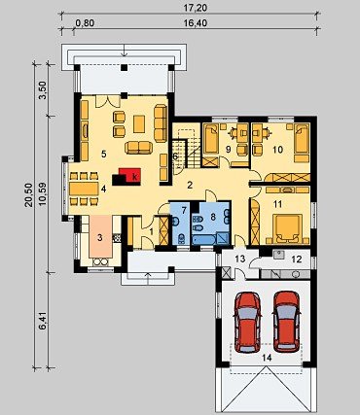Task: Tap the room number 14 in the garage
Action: [x=267, y=358]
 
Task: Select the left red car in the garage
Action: [x=248, y=322]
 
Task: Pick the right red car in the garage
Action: [x=286, y=322]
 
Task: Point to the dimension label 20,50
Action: [x=29, y=194]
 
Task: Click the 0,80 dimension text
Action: [x=85, y=23]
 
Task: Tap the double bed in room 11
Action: [x=288, y=228]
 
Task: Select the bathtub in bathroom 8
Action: [x=204, y=240]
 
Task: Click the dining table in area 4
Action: [x=84, y=189]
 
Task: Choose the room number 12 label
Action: [x=297, y=259]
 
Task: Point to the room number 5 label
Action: [x=103, y=154]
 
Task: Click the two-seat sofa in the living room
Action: [x=138, y=147]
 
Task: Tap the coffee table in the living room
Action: [x=139, y=123]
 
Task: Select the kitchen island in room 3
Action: [x=100, y=236]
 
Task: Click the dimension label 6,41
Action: [x=43, y=320]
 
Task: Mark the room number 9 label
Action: [x=228, y=150]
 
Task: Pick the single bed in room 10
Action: [x=302, y=143]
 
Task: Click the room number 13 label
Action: [x=240, y=259]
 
